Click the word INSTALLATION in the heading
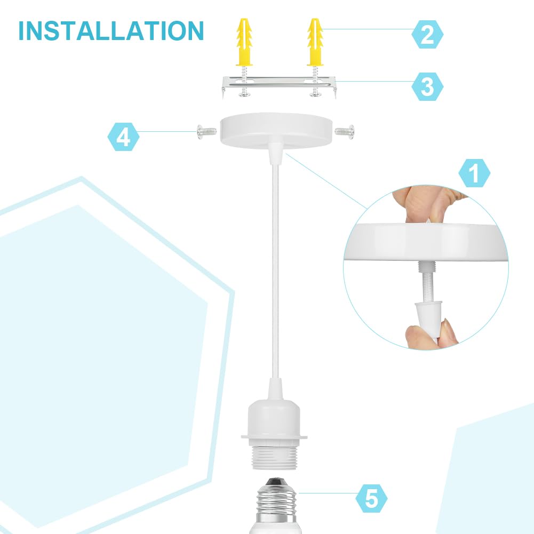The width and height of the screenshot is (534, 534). coord(111,31)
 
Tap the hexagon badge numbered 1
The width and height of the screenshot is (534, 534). coord(474,173)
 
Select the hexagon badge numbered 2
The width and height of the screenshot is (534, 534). coord(427,34)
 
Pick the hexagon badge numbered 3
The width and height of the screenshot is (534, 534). coord(427,86)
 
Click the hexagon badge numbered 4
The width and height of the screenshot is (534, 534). coord(123,137)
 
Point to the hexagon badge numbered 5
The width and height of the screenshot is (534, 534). coord(371,498)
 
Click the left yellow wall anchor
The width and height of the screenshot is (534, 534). coord(244,42)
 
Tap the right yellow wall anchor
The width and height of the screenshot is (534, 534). coord(315,42)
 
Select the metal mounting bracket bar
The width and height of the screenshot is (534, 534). coord(279,86)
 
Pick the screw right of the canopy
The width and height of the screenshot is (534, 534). coord(345,131)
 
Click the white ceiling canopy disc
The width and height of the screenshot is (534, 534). coord(276,131)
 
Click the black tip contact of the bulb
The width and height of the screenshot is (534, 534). coord(275,481)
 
